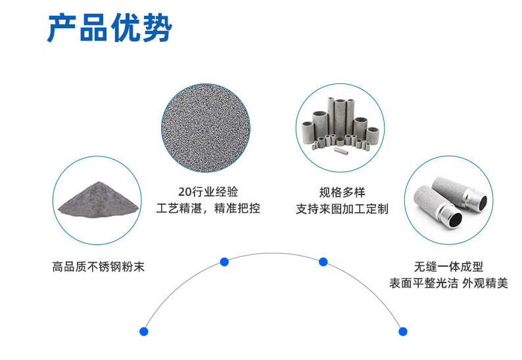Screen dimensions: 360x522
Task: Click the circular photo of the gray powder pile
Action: [97, 200]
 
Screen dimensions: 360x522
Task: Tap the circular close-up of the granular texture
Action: [206, 127]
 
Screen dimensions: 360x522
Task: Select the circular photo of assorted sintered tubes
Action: [340, 127]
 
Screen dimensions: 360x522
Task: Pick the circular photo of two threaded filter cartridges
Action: [448, 200]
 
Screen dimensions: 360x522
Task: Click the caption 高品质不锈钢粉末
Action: [98, 267]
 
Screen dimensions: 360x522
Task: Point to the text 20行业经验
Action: [208, 192]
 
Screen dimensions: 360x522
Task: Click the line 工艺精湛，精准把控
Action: [208, 209]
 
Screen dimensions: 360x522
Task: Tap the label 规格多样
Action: [342, 192]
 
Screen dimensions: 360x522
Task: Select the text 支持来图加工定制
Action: [342, 209]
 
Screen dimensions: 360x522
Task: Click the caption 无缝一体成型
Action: [448, 267]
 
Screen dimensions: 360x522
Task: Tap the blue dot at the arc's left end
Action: [144, 331]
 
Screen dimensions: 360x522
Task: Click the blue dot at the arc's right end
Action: [403, 331]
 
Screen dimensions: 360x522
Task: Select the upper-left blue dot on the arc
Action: [224, 261]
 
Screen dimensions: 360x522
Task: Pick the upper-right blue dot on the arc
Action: [323, 261]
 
